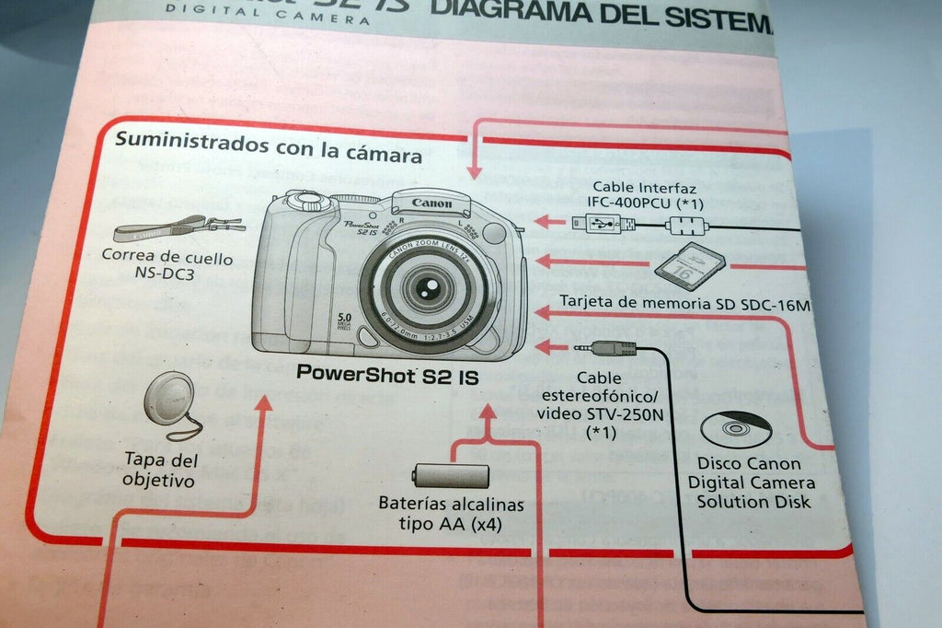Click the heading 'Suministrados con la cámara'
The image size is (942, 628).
268,147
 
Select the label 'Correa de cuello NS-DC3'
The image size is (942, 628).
167,266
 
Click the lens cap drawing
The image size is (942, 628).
169,398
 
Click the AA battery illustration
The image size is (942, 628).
451,475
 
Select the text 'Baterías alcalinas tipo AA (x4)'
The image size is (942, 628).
451,514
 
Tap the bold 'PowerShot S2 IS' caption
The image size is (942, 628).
387,375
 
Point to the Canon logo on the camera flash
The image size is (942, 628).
431,204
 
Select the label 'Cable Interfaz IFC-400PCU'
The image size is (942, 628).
643,194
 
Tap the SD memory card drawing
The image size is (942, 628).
689,266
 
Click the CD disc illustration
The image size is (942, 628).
736,428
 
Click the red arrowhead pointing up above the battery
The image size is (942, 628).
488,413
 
